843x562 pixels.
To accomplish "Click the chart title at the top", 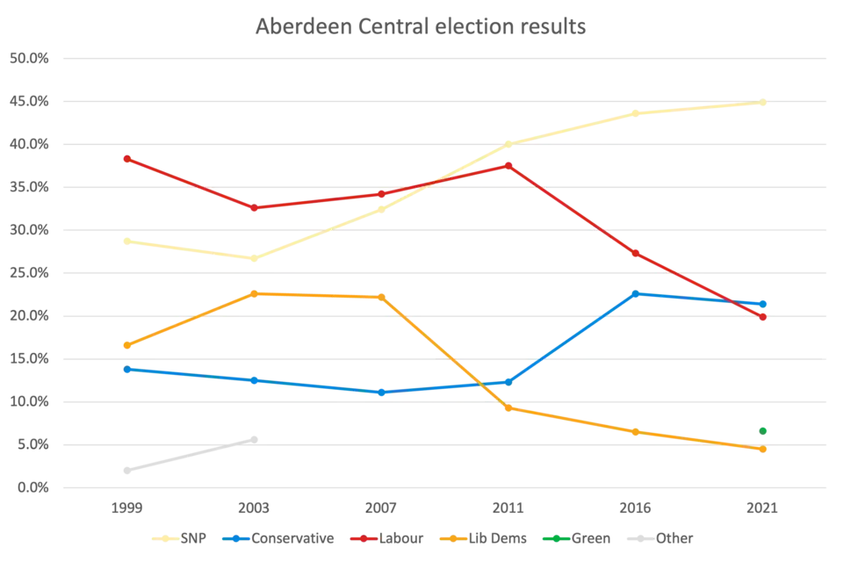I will click(x=421, y=25).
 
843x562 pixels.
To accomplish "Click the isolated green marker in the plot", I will click(x=765, y=429).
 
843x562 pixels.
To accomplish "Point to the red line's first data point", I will click(x=126, y=159).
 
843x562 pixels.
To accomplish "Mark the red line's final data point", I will click(x=763, y=317).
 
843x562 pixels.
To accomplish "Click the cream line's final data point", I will click(x=762, y=102).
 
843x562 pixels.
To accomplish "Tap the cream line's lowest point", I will click(x=254, y=259).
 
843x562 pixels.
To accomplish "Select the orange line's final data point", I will click(x=763, y=450).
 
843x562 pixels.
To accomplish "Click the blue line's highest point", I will click(x=636, y=292).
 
